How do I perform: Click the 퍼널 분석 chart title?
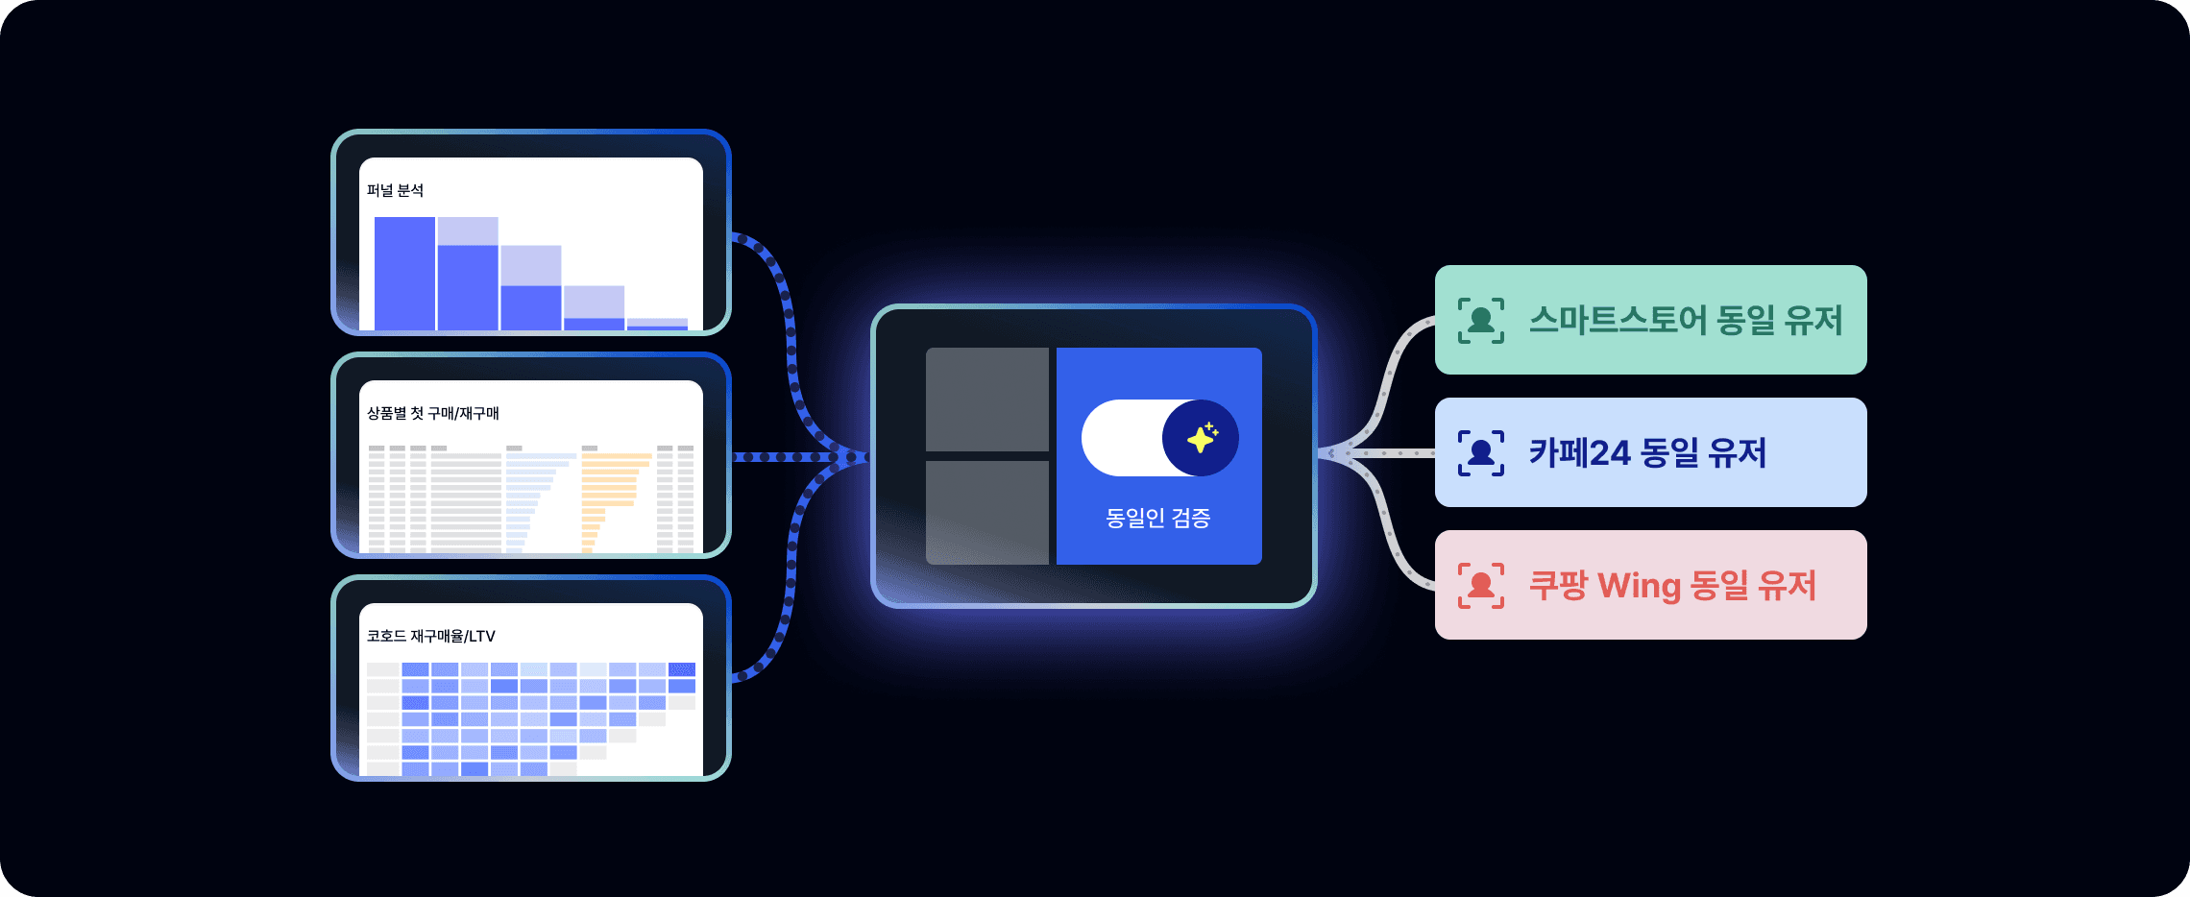click(395, 190)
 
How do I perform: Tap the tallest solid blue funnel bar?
click(404, 274)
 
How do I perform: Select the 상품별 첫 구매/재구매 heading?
click(433, 413)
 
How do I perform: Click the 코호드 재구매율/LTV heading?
click(431, 636)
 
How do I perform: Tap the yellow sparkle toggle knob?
click(1201, 438)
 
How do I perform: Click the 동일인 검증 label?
click(1158, 519)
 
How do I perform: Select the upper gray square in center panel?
click(986, 399)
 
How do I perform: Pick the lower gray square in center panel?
click(986, 512)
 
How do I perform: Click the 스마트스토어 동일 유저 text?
click(1686, 320)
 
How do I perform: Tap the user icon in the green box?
click(1481, 320)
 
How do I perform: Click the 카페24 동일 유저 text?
click(1647, 452)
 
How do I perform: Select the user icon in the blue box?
click(1481, 452)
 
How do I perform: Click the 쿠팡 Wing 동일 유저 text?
click(1672, 585)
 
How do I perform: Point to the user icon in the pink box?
click(1481, 585)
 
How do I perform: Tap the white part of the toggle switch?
click(1120, 438)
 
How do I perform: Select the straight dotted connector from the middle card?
click(788, 457)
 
